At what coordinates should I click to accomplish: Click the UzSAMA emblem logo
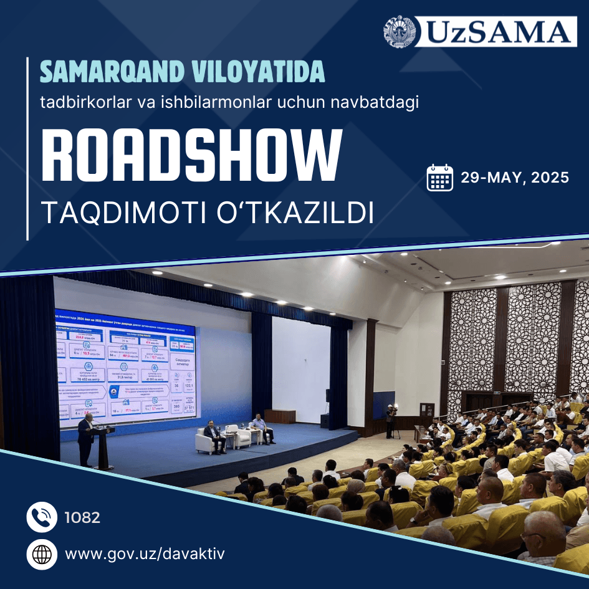pyautogui.click(x=400, y=31)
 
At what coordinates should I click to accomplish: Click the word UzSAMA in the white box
pyautogui.click(x=496, y=32)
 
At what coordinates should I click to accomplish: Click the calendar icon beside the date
pyautogui.click(x=440, y=178)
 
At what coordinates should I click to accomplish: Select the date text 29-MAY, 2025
pyautogui.click(x=515, y=178)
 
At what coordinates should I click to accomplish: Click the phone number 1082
pyautogui.click(x=82, y=517)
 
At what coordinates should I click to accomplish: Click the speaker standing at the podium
pyautogui.click(x=85, y=439)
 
